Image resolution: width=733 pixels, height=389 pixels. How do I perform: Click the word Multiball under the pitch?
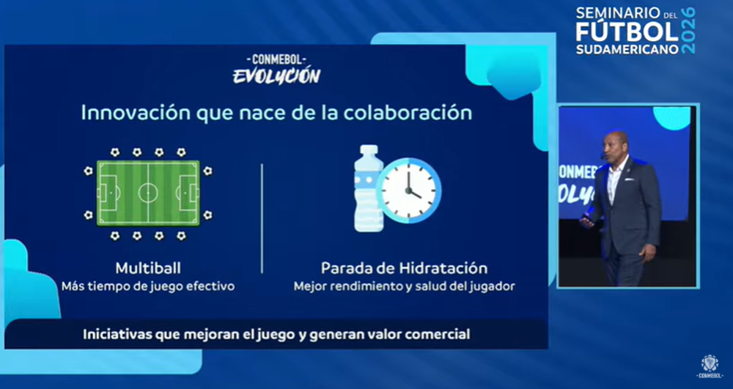[x=148, y=268]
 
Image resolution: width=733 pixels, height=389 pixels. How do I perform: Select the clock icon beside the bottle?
[x=409, y=190]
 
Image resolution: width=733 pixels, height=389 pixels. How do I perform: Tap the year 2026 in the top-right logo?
[x=688, y=30]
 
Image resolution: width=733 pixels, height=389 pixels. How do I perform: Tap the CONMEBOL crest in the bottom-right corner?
[x=709, y=363]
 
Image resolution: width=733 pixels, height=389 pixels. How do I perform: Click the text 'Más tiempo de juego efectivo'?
[x=147, y=286]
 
